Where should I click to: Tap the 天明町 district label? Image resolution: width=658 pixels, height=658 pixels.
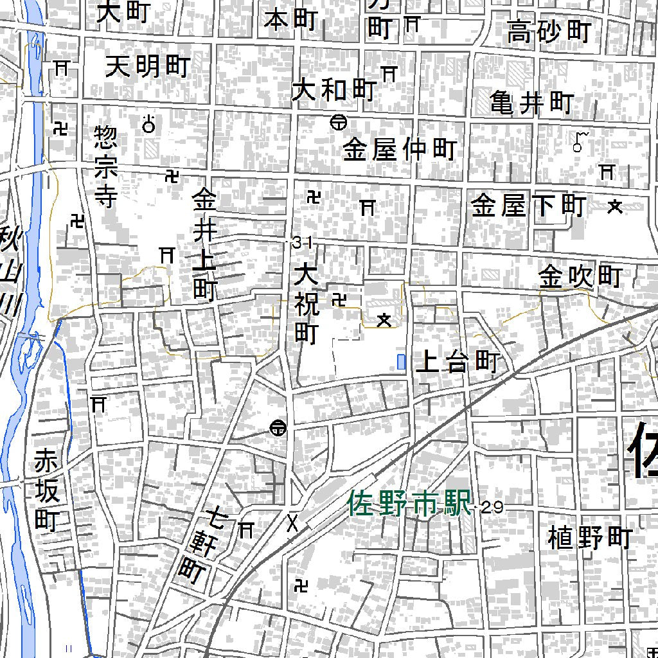tap(148, 66)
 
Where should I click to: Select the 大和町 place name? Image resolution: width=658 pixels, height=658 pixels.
tap(333, 91)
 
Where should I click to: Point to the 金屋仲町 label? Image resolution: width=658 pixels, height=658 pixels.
tap(399, 150)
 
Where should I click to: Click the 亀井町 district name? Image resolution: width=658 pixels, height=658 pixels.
tap(531, 103)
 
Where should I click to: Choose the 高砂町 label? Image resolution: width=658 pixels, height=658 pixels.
tap(549, 31)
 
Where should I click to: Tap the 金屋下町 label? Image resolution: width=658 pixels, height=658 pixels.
tap(528, 206)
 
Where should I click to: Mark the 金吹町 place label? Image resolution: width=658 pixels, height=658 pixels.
tap(580, 277)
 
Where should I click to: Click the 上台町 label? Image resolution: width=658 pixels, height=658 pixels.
tap(458, 363)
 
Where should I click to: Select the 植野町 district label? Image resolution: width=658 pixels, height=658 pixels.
tap(590, 537)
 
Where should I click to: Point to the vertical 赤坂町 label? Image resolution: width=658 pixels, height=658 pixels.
tap(46, 491)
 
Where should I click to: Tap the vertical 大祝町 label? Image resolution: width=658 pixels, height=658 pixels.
tap(307, 305)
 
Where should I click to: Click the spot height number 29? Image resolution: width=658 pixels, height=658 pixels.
tap(492, 508)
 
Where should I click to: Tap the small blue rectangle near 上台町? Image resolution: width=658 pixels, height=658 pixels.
tap(402, 362)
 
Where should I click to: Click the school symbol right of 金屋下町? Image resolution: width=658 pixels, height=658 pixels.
tap(615, 206)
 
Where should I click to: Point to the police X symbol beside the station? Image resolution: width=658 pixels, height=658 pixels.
tap(293, 523)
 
